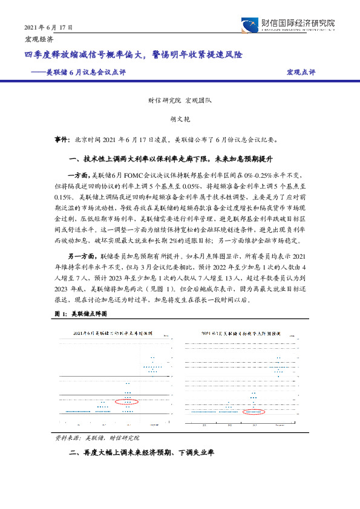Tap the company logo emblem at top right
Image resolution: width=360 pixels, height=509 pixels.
point(249,25)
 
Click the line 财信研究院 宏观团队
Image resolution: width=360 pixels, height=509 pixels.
point(180,102)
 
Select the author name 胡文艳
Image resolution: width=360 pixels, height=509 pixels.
point(180,120)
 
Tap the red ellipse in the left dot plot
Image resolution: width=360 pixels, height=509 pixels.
point(126,401)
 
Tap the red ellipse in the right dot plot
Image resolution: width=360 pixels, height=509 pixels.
point(254,411)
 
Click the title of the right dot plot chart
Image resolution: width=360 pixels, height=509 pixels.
point(243,333)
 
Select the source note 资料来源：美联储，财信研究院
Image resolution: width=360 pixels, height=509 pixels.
point(97,436)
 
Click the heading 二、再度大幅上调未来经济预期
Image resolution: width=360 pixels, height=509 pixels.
point(143,453)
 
